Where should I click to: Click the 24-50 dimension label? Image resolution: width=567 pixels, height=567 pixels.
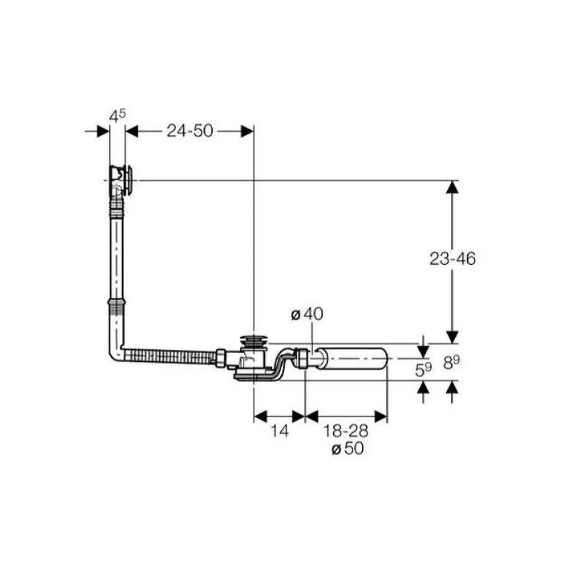tap(190, 130)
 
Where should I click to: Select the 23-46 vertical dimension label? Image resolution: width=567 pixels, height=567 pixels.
tap(452, 259)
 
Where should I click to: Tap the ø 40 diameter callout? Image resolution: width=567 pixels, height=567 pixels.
tap(307, 314)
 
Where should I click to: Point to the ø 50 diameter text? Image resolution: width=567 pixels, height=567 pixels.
tap(348, 448)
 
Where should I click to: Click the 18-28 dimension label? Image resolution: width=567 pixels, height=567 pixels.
tap(345, 431)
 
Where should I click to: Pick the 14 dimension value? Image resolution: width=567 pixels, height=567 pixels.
tap(280, 431)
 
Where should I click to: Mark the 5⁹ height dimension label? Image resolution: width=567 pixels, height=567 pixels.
tap(423, 370)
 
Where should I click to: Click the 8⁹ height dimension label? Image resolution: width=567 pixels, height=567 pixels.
tap(452, 363)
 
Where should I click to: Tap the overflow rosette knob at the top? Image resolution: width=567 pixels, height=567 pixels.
tap(128, 180)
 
